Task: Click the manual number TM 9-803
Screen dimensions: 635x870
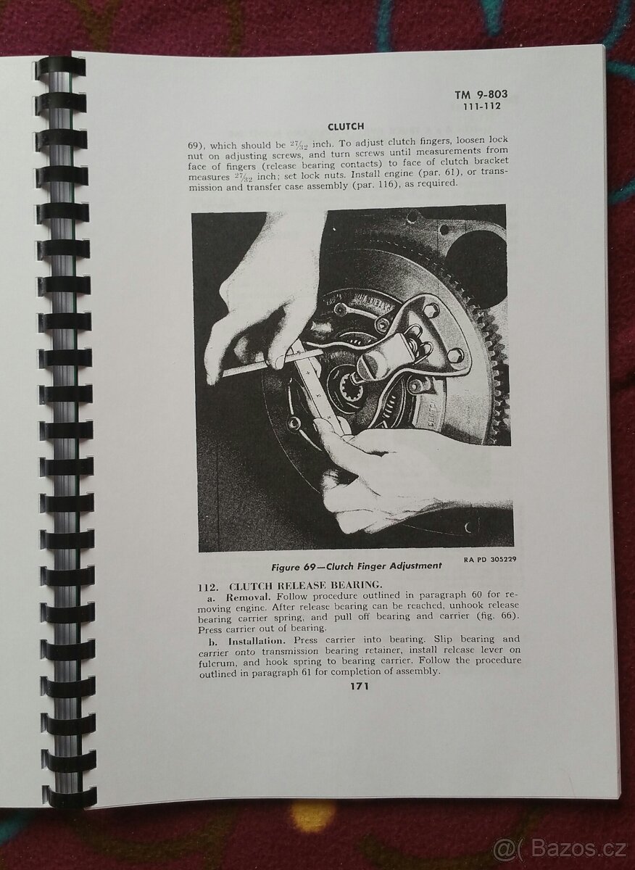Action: tap(481, 94)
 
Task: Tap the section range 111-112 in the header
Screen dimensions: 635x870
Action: tap(481, 107)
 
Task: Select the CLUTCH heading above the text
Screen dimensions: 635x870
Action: tap(346, 127)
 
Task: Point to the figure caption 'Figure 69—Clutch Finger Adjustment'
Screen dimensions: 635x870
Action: tap(357, 566)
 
